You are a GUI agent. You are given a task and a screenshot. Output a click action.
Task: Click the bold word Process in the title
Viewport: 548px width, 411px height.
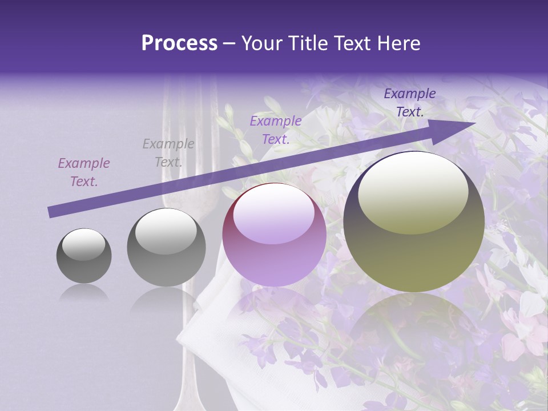(179, 43)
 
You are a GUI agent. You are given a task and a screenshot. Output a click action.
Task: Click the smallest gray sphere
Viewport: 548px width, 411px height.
(84, 256)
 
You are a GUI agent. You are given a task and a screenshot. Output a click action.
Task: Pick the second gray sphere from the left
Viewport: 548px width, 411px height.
(166, 248)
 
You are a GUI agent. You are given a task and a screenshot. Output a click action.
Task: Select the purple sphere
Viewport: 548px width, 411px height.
(274, 235)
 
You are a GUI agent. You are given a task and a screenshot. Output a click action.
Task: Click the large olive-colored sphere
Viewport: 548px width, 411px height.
(414, 222)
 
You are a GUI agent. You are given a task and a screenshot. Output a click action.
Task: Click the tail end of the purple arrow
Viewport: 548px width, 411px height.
(50, 212)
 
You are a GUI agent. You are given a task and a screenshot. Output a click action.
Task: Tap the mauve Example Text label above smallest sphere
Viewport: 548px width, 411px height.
(84, 172)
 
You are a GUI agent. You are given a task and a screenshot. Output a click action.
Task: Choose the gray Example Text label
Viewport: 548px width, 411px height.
(168, 153)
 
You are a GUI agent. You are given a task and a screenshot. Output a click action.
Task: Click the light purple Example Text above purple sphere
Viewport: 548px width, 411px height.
(276, 130)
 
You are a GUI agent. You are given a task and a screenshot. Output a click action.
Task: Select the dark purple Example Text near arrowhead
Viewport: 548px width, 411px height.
(410, 103)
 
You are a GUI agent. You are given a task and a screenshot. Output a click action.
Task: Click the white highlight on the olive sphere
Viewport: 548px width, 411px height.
(413, 191)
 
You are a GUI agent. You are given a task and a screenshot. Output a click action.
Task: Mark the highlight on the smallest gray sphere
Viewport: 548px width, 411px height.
(83, 244)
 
